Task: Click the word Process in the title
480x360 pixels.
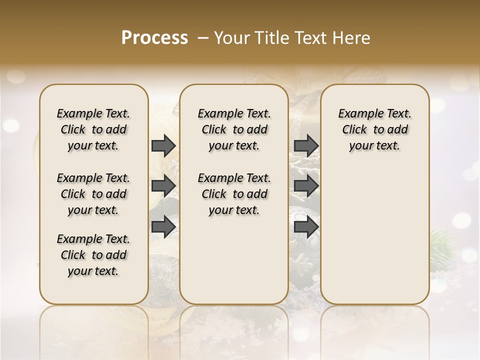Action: tap(154, 38)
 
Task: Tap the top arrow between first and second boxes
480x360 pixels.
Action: tap(163, 146)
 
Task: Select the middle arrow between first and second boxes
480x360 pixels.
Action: tap(163, 186)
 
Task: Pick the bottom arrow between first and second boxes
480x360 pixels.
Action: tap(163, 226)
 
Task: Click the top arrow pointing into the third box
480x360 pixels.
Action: tap(306, 146)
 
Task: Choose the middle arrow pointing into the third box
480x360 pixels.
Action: tap(306, 186)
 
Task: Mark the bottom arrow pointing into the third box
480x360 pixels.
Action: tap(306, 226)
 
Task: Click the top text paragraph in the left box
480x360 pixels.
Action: tap(93, 129)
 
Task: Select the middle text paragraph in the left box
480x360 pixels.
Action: tap(93, 194)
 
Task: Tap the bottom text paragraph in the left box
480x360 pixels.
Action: tap(93, 255)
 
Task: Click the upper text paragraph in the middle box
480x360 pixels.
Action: tap(234, 129)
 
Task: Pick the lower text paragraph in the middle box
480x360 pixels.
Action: tap(234, 194)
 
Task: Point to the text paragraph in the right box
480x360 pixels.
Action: tap(374, 129)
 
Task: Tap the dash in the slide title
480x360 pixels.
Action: tap(202, 38)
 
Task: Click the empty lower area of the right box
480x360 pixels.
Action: tap(374, 235)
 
